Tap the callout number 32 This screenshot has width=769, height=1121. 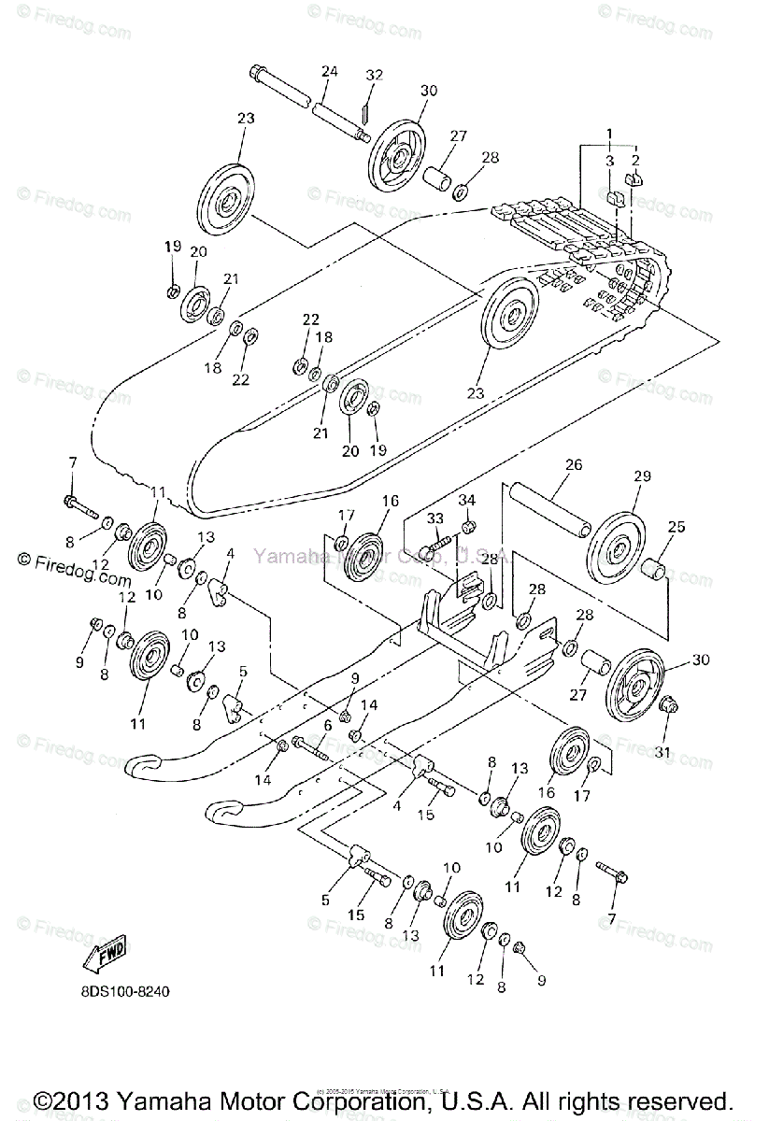click(374, 75)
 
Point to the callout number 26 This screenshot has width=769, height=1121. click(573, 464)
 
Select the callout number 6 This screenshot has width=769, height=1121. click(328, 726)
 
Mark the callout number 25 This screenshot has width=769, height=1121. click(676, 527)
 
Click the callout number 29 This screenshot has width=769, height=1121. click(641, 476)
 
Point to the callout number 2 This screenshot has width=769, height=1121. click(636, 160)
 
